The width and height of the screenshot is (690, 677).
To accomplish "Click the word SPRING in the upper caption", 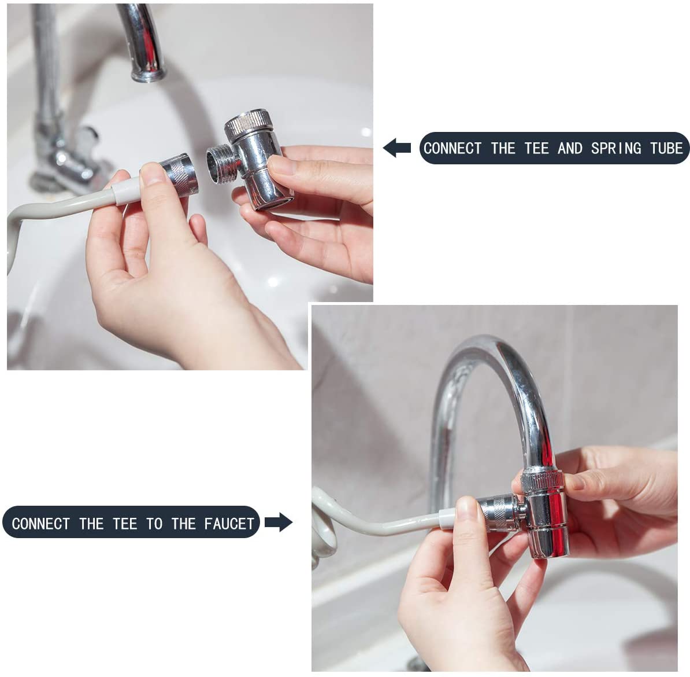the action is (616, 148).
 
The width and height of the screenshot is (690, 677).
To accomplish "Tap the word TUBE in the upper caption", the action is (667, 148).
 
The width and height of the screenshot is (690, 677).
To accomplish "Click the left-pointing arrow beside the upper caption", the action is (397, 148).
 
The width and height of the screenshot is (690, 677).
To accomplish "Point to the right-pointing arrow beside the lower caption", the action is (279, 523).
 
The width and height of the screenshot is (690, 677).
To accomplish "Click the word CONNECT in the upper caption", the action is (452, 148).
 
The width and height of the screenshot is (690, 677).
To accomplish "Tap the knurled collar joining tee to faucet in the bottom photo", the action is (542, 480).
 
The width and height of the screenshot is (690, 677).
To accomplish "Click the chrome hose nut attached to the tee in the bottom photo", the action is (498, 512).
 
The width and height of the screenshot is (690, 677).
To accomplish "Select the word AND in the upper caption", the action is (569, 148).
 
